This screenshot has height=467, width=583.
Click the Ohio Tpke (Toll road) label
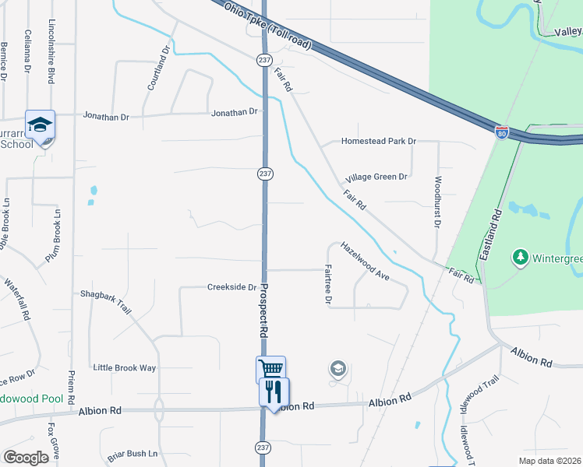[x=267, y=27]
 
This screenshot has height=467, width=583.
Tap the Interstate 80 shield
[x=502, y=132]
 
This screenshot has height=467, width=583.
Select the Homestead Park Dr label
[x=379, y=142]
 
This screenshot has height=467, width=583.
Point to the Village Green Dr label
[x=377, y=177]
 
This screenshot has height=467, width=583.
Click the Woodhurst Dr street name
[x=437, y=202]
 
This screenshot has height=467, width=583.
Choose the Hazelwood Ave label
[x=365, y=260]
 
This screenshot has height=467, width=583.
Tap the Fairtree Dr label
[x=329, y=284]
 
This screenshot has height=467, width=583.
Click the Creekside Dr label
[x=231, y=287]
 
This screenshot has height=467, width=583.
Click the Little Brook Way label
[x=125, y=367]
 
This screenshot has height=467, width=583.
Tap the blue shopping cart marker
[x=270, y=369]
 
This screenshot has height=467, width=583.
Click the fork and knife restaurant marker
[x=274, y=390]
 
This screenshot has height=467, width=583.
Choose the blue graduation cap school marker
[x=40, y=123]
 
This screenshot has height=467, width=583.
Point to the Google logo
[x=26, y=458]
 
